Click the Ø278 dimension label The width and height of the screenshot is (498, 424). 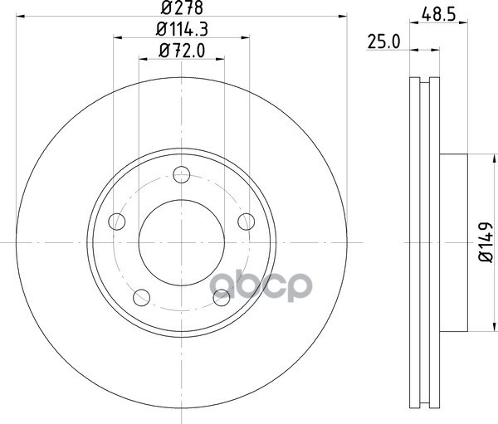[x=182, y=7]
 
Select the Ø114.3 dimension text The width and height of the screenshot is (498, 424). [x=182, y=29]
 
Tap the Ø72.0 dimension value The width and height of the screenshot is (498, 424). [x=182, y=51]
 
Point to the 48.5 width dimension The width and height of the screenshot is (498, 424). [x=439, y=15]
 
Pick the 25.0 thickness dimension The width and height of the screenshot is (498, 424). [x=383, y=42]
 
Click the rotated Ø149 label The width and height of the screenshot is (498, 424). [x=486, y=242]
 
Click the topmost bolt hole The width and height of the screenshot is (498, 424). [x=182, y=175]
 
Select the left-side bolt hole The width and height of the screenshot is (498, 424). [x=117, y=222]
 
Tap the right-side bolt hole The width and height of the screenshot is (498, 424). [x=247, y=222]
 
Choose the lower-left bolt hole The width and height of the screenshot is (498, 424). [x=142, y=298]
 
